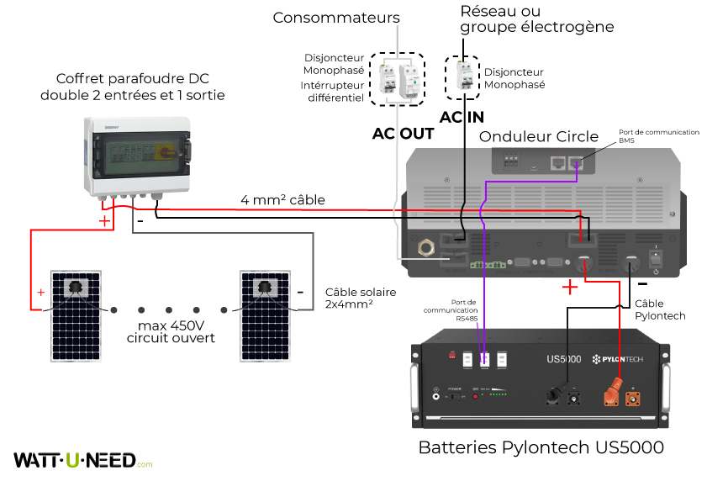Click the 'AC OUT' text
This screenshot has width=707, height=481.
(403, 134)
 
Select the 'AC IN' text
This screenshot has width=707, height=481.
(462, 118)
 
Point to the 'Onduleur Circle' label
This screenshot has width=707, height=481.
(538, 136)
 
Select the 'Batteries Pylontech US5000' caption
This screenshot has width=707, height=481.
(541, 447)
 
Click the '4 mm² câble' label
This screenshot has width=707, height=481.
(282, 200)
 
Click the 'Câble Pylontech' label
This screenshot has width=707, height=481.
(660, 309)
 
